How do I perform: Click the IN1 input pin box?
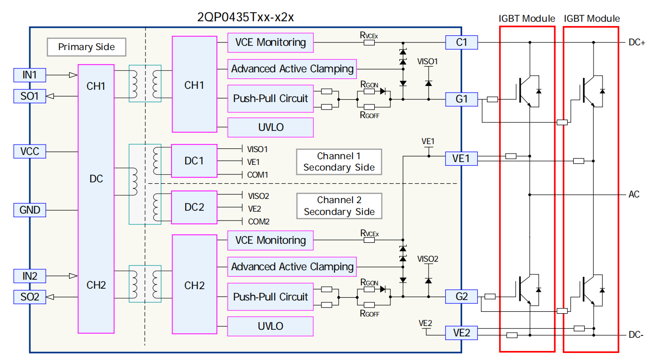30,75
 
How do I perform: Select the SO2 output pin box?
30,297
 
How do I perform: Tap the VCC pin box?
30,152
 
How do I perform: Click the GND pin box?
30,210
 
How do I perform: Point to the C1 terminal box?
461,43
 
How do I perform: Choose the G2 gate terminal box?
461,297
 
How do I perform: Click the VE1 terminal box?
461,159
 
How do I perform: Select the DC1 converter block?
194,161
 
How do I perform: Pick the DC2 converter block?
194,207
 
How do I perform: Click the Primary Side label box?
86,47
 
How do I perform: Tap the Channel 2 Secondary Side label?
339,206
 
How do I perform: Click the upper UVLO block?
270,127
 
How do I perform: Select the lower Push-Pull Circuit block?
270,297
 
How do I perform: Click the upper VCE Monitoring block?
270,43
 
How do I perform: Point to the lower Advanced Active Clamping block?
292,267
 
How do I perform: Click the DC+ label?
637,43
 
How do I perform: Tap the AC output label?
634,194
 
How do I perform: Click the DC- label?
636,335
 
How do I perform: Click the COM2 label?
258,222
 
